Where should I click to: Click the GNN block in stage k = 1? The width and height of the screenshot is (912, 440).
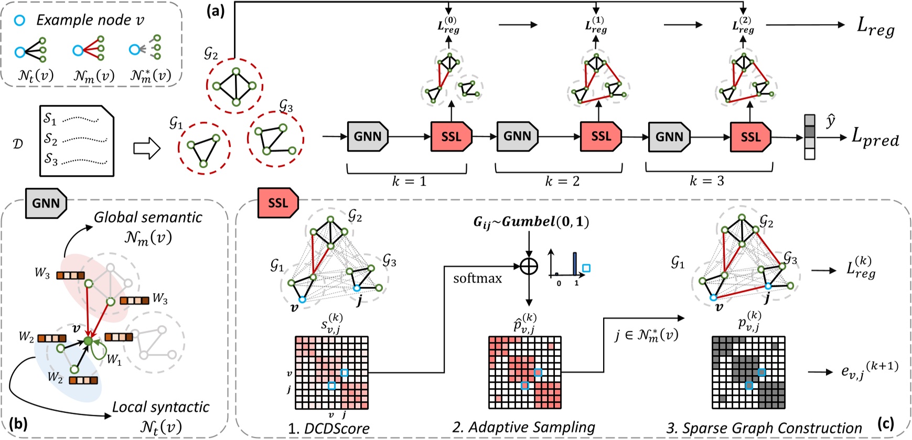368,137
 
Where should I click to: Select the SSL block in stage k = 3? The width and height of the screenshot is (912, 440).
750,137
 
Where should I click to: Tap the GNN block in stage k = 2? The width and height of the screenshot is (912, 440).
518,137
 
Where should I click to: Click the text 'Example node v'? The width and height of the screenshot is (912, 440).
90,20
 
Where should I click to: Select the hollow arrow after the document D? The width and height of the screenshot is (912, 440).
146,148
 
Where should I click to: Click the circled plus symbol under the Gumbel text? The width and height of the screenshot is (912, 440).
529,266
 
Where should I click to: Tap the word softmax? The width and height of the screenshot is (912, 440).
477,278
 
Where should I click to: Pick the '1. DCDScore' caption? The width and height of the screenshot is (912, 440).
328,428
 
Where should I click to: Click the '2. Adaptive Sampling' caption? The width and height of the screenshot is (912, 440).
523,427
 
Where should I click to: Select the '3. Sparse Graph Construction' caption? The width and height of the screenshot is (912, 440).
764,428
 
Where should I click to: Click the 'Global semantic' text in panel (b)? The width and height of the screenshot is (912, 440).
148,217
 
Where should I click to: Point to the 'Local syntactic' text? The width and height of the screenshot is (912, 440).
160,407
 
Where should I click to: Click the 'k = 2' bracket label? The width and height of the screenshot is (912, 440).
562,181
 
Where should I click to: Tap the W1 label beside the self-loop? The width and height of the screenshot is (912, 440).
113,360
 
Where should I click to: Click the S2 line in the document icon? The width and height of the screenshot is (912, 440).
76,139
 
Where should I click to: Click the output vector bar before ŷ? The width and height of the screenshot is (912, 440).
810,137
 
